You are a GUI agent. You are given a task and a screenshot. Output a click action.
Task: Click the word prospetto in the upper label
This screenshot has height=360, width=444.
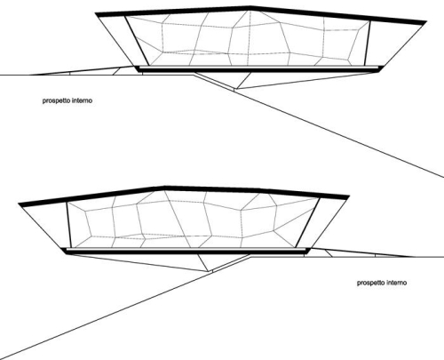point(56,100)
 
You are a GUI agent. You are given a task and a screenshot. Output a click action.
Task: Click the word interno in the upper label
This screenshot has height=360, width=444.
point(83,100)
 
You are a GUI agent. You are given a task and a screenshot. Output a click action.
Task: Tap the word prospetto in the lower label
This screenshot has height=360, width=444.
point(371,283)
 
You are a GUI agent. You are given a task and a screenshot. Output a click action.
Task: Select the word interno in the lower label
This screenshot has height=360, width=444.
point(397,283)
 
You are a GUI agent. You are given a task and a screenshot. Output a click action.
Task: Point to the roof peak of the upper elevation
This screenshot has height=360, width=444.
point(250,6)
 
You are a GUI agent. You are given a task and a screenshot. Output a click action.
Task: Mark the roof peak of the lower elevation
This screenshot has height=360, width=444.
point(164,188)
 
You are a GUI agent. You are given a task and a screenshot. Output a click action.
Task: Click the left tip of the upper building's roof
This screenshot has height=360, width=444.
point(95,13)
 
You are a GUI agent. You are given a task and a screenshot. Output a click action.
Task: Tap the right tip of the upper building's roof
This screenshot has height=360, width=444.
point(425,22)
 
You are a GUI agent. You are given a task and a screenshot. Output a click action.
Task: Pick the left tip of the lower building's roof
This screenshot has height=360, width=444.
point(19,204)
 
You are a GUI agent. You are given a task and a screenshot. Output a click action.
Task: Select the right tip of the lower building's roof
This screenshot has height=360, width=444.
point(349,196)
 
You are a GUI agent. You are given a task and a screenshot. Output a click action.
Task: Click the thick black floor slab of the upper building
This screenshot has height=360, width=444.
point(259,70)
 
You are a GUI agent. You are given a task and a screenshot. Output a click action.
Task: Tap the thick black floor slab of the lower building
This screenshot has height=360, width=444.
point(186,252)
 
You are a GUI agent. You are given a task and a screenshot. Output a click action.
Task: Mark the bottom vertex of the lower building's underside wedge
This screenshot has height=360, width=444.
point(210,271)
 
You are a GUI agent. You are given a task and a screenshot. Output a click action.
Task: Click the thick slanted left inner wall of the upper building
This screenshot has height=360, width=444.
point(137,41)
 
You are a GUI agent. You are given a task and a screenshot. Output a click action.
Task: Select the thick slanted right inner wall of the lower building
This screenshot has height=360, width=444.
point(307,223)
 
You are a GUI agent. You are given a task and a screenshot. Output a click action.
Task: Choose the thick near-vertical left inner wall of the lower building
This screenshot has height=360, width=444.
point(68,225)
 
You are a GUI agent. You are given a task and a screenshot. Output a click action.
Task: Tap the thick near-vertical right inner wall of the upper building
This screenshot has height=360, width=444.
point(367,43)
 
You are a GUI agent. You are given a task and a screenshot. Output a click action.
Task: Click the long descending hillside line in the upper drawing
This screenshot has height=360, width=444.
point(339,133)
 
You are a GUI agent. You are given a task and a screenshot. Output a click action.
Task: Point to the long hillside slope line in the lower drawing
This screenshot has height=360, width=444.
point(106,315)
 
